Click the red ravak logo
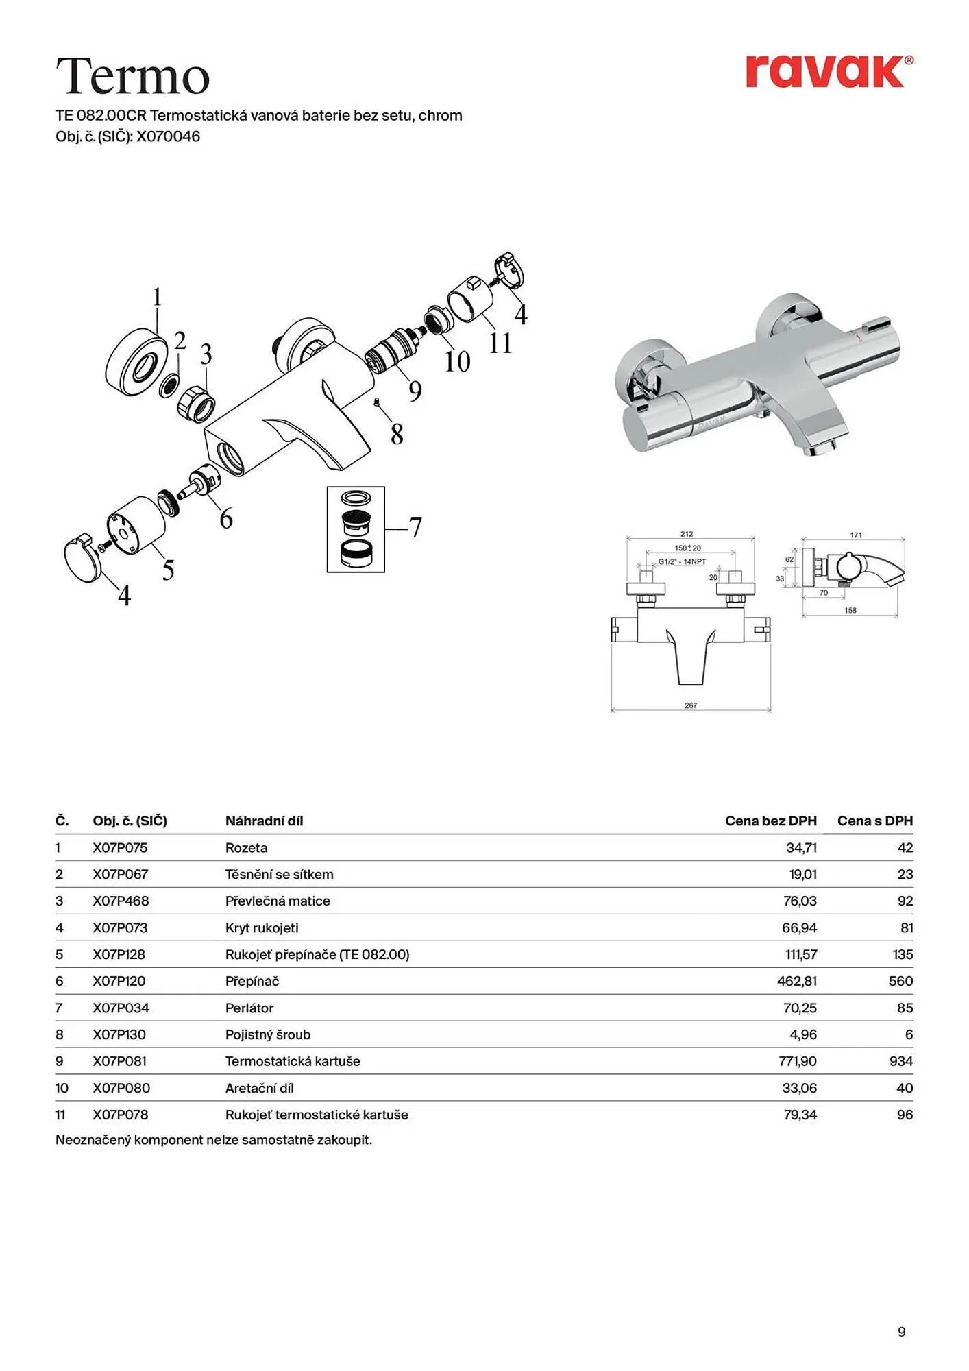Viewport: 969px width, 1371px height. [829, 71]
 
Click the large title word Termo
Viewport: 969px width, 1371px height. [132, 76]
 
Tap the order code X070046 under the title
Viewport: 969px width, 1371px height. [168, 136]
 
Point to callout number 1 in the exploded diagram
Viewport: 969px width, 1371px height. [157, 298]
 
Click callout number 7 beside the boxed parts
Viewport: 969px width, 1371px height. [415, 527]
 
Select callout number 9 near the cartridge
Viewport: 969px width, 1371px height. [415, 391]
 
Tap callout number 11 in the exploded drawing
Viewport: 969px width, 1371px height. [500, 343]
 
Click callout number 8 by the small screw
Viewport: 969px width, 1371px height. [397, 434]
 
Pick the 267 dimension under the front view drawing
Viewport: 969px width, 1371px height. [691, 705]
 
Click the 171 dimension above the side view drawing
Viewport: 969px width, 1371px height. [856, 535]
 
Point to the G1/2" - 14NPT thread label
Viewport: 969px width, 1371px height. [682, 562]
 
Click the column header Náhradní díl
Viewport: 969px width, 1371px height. [264, 821]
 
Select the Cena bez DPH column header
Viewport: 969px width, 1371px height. [771, 821]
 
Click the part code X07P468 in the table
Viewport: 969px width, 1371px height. [121, 901]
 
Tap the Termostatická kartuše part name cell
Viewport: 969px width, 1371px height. [293, 1061]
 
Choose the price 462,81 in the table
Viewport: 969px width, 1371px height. [797, 981]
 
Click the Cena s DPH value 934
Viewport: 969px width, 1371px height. [901, 1061]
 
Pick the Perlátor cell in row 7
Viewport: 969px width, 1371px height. [249, 1008]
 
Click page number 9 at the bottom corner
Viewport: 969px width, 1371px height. [902, 1332]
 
